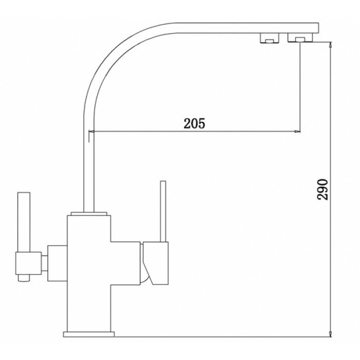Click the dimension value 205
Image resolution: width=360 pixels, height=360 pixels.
pos(194,123)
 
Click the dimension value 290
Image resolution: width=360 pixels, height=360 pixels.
pos(322,191)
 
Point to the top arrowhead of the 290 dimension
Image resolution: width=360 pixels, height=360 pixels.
pos(329,44)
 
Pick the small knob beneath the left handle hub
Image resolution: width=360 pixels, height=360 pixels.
pos(23,278)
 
